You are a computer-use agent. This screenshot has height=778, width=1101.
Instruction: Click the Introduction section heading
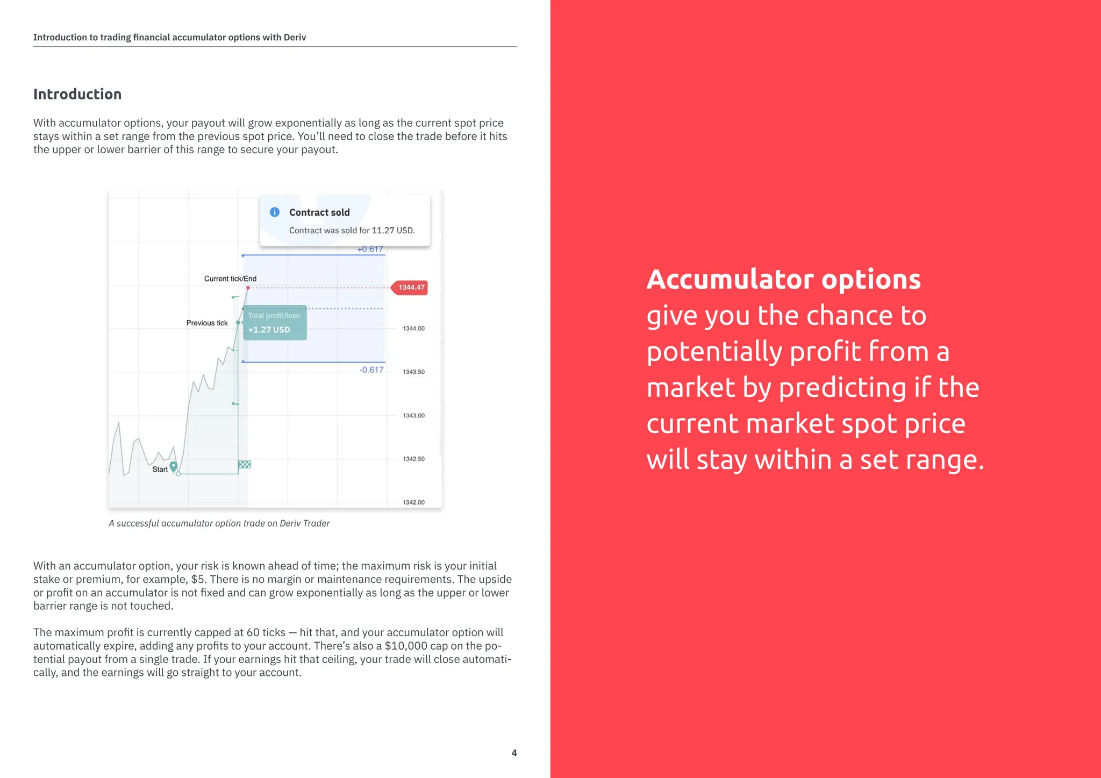[77, 95]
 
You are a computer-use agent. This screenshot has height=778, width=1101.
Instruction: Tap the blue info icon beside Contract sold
[275, 212]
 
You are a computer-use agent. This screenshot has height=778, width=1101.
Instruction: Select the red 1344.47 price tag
[411, 287]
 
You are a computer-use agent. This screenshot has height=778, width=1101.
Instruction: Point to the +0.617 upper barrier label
[370, 249]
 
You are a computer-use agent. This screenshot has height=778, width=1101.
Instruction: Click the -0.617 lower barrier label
[371, 370]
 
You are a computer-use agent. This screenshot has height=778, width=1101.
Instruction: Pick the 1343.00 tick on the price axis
[413, 415]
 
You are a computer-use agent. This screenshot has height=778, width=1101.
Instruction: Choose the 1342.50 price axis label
[413, 459]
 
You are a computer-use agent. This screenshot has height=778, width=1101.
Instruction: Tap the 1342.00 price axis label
[413, 502]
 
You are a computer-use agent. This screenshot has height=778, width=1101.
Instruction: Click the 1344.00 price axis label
[413, 328]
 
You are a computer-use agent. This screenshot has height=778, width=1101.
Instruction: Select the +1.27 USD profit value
[269, 330]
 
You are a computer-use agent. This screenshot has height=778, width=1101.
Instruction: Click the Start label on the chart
[160, 470]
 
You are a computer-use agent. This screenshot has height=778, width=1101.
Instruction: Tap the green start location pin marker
[173, 466]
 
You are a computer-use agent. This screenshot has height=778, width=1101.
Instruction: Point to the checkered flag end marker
[245, 464]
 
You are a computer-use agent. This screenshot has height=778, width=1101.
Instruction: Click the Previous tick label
[207, 323]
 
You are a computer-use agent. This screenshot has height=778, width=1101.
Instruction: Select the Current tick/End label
[230, 279]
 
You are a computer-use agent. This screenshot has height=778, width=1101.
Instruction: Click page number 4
[514, 753]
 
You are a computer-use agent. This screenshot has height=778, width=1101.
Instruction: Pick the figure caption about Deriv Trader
[219, 523]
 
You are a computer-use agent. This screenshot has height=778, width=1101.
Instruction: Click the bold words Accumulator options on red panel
[783, 279]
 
